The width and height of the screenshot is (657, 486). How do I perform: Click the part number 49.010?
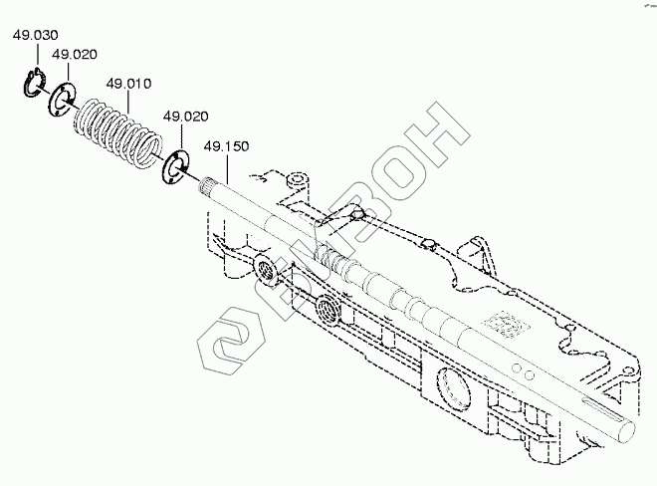[x=128, y=84]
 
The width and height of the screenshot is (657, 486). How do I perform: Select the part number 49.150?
[x=226, y=147]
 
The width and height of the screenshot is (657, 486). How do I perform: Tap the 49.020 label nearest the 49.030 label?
[x=74, y=55]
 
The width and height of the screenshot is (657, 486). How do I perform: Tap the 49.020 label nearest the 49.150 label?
[x=185, y=117]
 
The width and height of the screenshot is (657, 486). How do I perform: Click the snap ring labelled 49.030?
[x=33, y=87]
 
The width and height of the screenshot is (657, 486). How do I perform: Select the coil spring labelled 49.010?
[x=118, y=131]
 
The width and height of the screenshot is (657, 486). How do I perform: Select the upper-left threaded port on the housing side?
[x=266, y=268]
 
